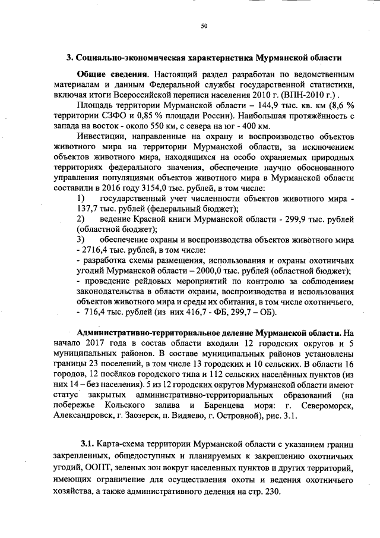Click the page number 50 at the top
pyautogui.click(x=204, y=26)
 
